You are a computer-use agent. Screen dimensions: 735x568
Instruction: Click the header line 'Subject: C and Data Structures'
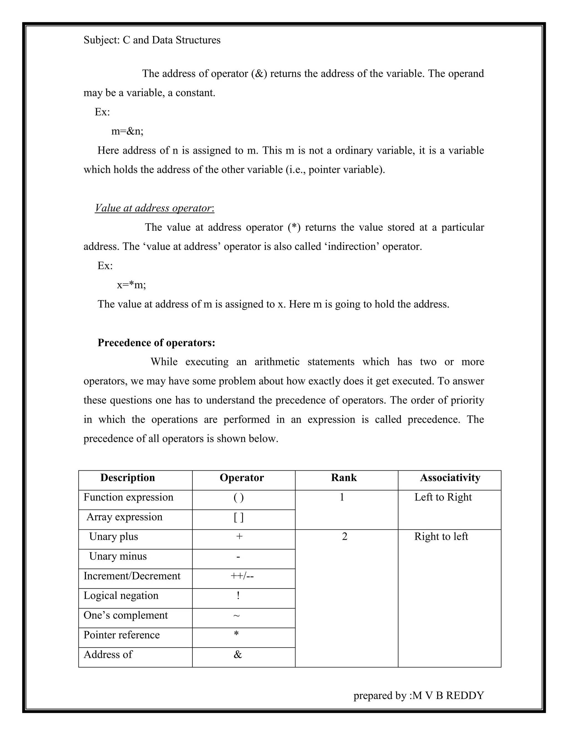pyautogui.click(x=152, y=40)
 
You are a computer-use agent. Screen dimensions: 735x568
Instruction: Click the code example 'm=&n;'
pyautogui.click(x=127, y=131)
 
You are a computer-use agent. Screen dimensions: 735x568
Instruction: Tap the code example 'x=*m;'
pyautogui.click(x=131, y=285)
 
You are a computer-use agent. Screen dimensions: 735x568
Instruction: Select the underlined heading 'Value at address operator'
pyautogui.click(x=154, y=208)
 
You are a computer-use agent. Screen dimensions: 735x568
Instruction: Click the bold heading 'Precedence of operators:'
pyautogui.click(x=156, y=343)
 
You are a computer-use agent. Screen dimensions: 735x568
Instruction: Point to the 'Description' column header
pyautogui.click(x=128, y=478)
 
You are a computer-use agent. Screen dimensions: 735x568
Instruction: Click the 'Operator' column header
pyautogui.click(x=242, y=478)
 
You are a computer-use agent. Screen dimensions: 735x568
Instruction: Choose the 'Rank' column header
pyautogui.click(x=344, y=478)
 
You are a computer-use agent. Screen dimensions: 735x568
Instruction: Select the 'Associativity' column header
pyautogui.click(x=450, y=478)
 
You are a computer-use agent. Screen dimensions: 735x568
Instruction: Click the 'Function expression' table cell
pyautogui.click(x=128, y=497)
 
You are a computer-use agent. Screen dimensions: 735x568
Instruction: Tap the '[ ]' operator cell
pyautogui.click(x=239, y=517)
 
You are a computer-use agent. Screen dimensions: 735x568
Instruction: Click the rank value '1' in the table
pyautogui.click(x=342, y=497)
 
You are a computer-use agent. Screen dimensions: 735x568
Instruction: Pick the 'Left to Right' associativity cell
pyautogui.click(x=443, y=497)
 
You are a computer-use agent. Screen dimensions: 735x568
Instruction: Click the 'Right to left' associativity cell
pyautogui.click(x=441, y=536)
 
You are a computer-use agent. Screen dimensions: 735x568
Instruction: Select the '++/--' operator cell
pyautogui.click(x=242, y=576)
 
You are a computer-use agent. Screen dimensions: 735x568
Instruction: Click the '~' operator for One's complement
pyautogui.click(x=237, y=615)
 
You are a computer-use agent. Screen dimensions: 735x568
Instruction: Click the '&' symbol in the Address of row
pyautogui.click(x=238, y=655)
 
